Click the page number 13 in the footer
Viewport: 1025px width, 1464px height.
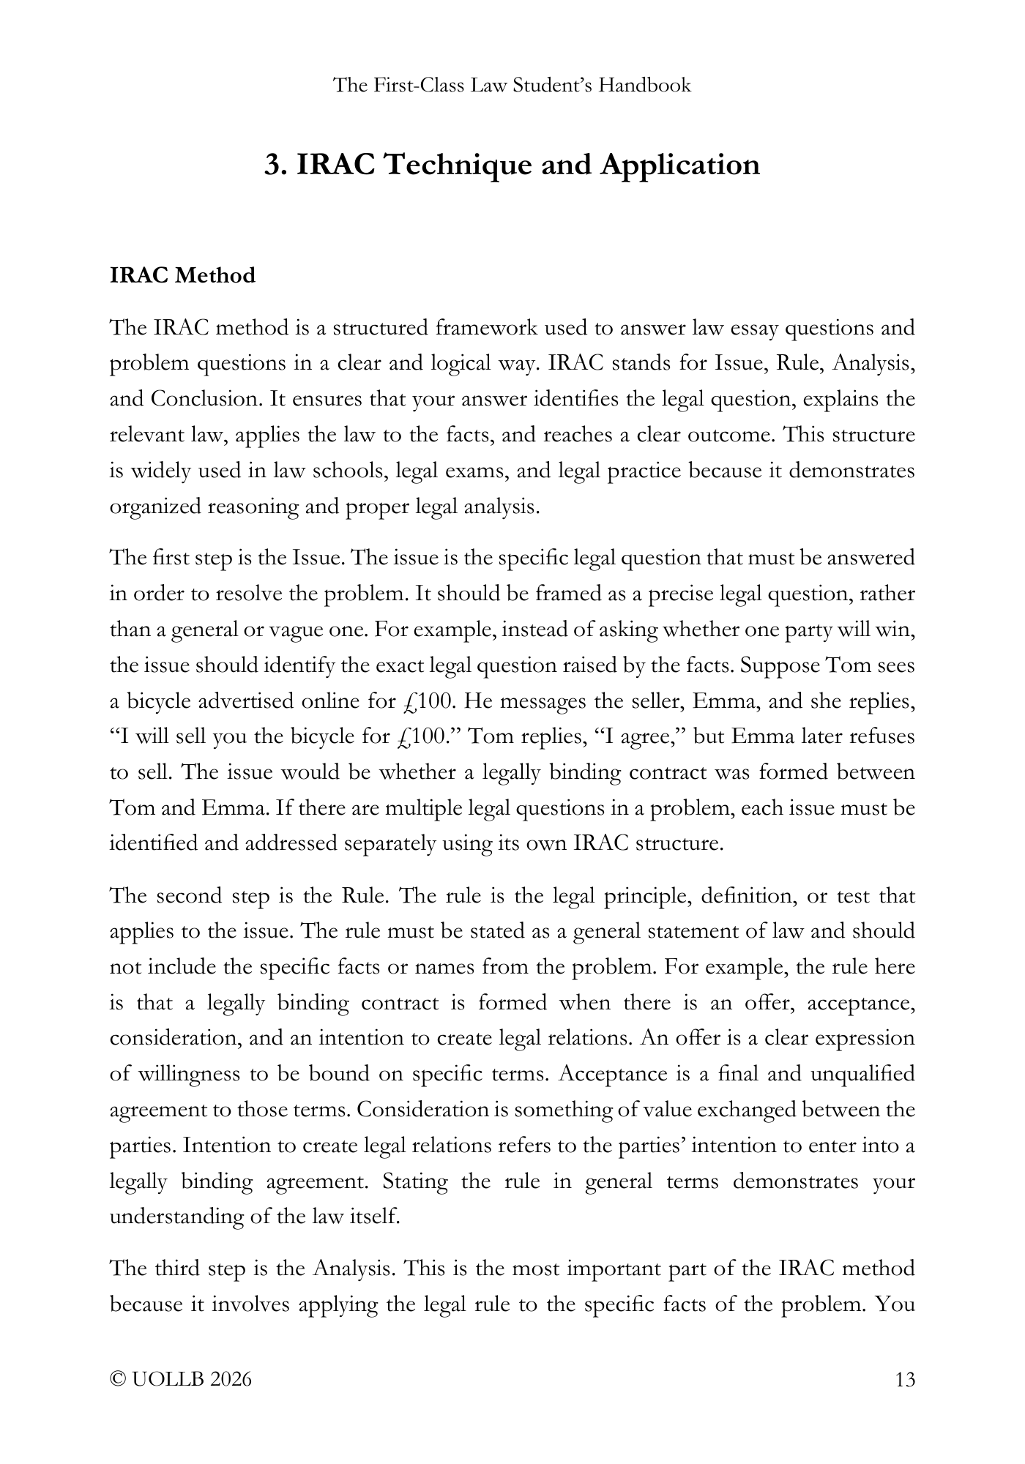tap(905, 1380)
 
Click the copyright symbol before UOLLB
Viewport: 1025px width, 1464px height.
tap(117, 1380)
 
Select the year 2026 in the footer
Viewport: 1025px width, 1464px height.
tap(230, 1380)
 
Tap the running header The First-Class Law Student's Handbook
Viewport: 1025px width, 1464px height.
tap(512, 86)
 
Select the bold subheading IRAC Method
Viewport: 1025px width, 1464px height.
tap(182, 276)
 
